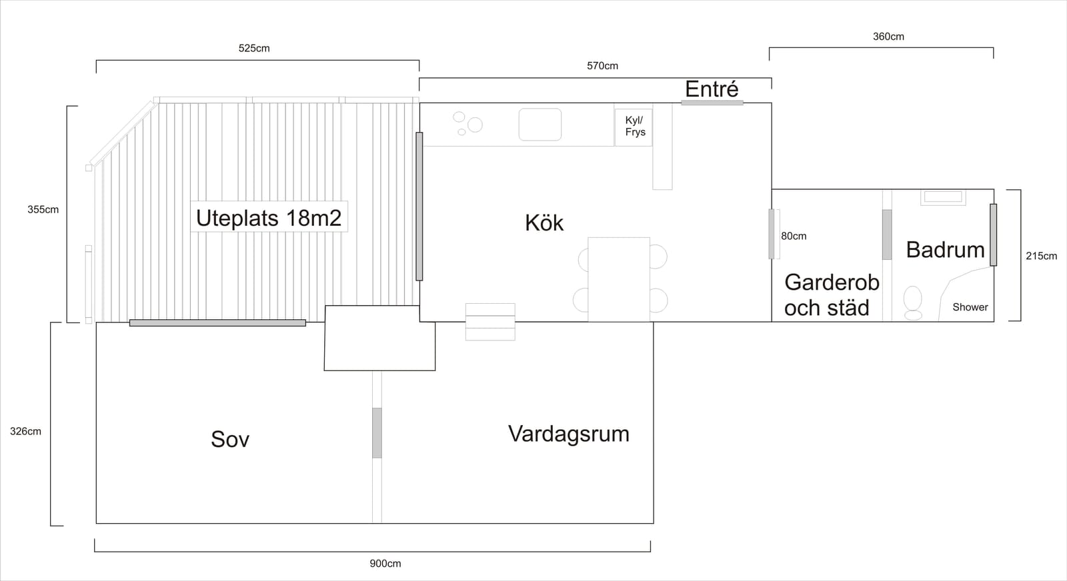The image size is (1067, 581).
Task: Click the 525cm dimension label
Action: click(x=254, y=48)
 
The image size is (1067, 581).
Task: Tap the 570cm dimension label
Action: click(x=602, y=66)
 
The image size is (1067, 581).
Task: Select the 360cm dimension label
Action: click(x=888, y=37)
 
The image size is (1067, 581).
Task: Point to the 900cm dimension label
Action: click(x=385, y=564)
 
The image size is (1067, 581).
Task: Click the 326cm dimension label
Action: click(x=26, y=431)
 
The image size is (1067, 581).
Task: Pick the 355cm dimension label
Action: click(x=43, y=209)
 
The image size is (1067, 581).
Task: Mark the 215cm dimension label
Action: click(x=1041, y=256)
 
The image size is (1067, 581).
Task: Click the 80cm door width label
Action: click(x=794, y=236)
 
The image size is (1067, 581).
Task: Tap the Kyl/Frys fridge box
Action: click(x=634, y=127)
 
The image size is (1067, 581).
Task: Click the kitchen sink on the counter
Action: click(x=540, y=125)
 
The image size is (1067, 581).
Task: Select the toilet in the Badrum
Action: click(x=913, y=303)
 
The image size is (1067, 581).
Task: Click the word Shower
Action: click(x=970, y=307)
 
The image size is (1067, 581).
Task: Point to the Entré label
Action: click(x=712, y=89)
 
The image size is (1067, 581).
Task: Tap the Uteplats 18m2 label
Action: click(x=269, y=218)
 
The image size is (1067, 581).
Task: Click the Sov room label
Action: click(x=230, y=439)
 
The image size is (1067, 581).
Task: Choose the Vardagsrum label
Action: click(x=569, y=434)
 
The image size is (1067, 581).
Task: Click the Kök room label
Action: click(x=544, y=223)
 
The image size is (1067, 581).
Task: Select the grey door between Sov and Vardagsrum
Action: click(x=377, y=433)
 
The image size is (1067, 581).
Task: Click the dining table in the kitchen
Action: click(x=619, y=279)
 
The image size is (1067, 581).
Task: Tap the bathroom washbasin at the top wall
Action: click(x=943, y=197)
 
